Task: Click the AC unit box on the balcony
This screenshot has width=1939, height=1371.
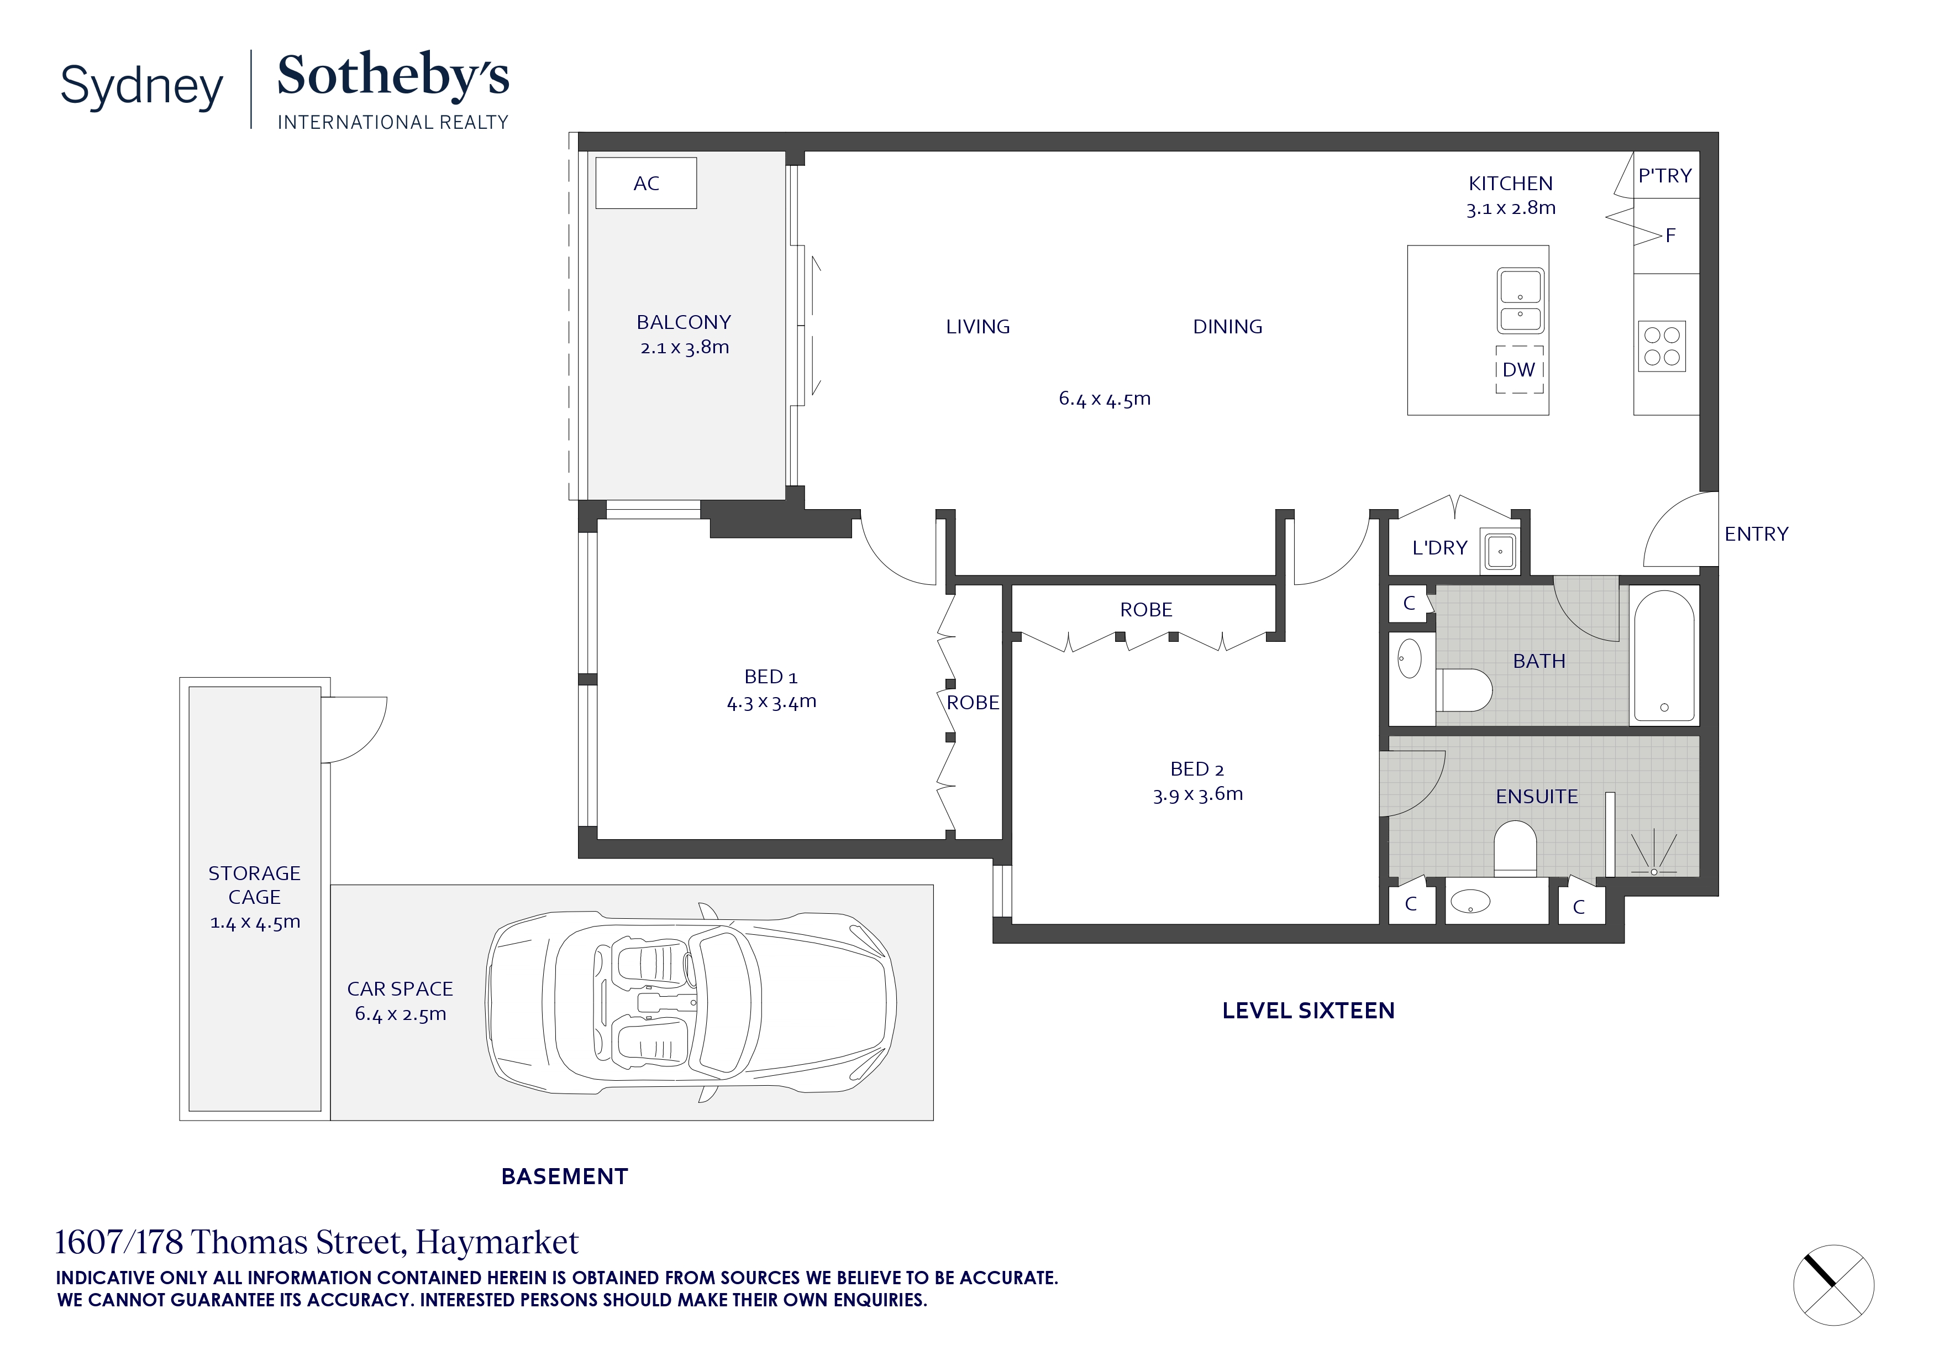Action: coord(646,182)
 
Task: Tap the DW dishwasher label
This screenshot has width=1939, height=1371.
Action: coord(1518,370)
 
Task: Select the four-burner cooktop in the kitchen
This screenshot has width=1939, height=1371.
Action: coord(1661,346)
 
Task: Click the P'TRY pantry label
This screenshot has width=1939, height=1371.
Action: coord(1664,176)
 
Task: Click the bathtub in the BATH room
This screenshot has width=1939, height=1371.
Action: coord(1664,656)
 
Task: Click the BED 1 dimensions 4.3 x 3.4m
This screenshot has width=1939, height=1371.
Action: coord(771,702)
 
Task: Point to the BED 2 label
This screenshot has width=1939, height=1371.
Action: coord(1197,769)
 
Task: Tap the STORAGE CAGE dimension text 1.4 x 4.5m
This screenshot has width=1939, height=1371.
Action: coord(255,923)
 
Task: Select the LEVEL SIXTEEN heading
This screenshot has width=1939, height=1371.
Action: coord(1308,1011)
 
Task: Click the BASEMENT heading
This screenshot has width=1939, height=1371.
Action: coord(564,1177)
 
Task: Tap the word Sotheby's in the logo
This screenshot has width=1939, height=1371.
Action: coord(393,76)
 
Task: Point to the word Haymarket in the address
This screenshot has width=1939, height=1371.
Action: coord(497,1243)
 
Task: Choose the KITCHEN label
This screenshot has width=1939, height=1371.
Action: coord(1510,184)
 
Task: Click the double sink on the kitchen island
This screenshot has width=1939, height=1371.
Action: coord(1520,301)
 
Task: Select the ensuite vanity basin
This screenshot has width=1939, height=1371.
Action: coord(1470,902)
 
